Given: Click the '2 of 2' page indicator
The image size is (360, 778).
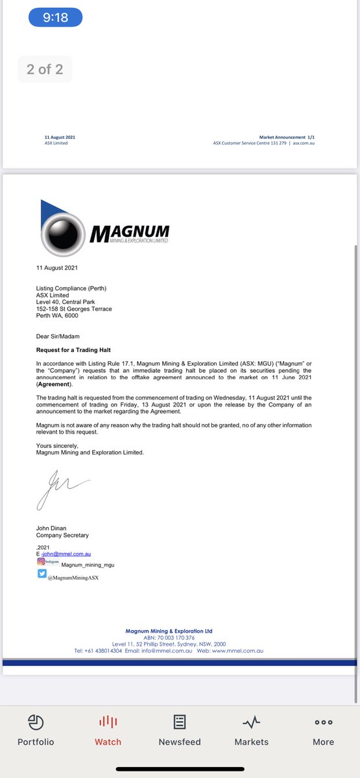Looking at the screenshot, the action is [x=45, y=69].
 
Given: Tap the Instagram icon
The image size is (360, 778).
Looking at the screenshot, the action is [x=42, y=563].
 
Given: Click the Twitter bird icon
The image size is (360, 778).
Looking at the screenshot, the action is [x=42, y=573].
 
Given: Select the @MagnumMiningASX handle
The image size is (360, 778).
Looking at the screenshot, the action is [x=73, y=577].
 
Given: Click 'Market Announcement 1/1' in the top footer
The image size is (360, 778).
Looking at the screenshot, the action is [x=287, y=137].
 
